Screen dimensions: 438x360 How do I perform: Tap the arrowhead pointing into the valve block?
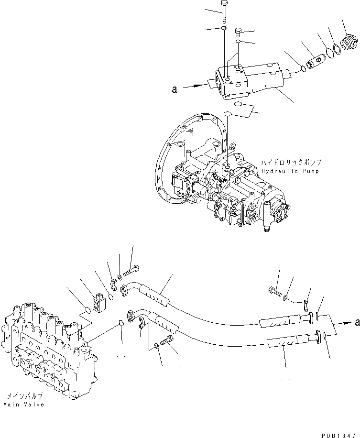(x=205, y=87)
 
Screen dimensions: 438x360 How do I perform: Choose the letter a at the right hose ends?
(x=356, y=323)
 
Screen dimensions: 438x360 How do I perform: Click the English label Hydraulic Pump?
(x=291, y=171)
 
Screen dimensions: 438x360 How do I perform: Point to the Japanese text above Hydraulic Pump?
(x=291, y=163)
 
